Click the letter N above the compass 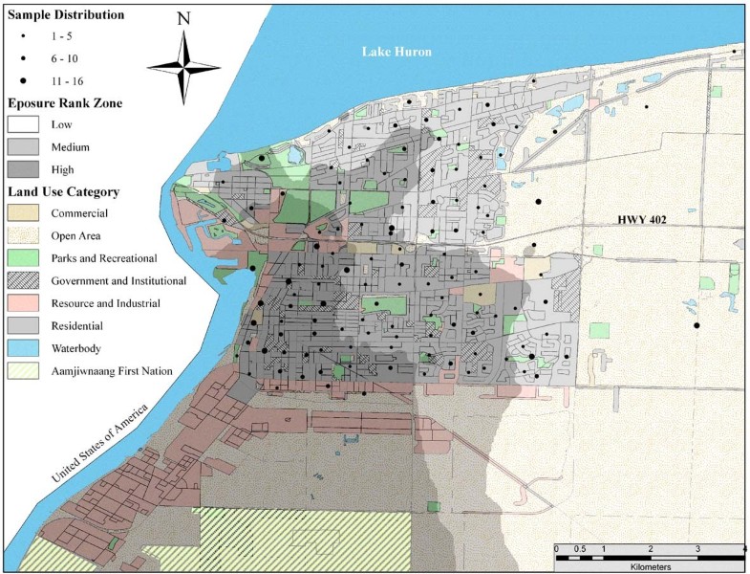(183, 20)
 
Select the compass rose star (184, 66)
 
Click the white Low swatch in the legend (25, 124)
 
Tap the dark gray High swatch (25, 168)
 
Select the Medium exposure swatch (25, 146)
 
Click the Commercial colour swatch (25, 213)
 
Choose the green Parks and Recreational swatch (25, 258)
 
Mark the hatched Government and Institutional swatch (25, 281)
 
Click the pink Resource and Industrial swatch (25, 303)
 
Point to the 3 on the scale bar (696, 548)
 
